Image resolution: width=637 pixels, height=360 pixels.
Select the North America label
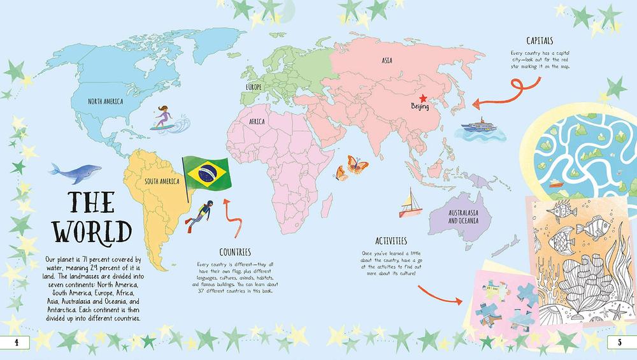tap(106, 101)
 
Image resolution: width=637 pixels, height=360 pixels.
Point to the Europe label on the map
tap(254, 87)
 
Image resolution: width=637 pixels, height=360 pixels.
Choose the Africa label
tap(257, 120)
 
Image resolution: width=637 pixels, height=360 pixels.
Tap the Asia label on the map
tap(386, 61)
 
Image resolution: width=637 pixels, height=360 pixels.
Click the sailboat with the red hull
tap(409, 204)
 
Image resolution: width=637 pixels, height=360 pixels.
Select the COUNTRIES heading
tap(234, 252)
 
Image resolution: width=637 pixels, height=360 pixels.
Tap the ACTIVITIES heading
tap(390, 241)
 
